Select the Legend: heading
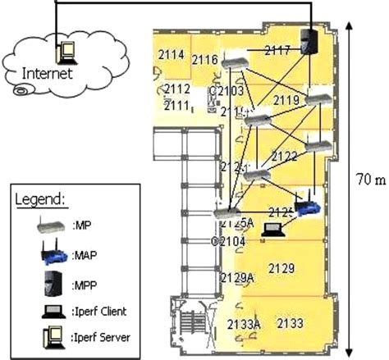[42, 199]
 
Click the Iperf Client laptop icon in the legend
[48, 312]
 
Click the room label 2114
[171, 54]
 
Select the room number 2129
[281, 268]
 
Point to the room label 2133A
[244, 324]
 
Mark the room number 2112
[177, 89]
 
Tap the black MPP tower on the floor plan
[309, 42]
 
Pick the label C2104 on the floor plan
[228, 241]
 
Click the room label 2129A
[238, 278]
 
